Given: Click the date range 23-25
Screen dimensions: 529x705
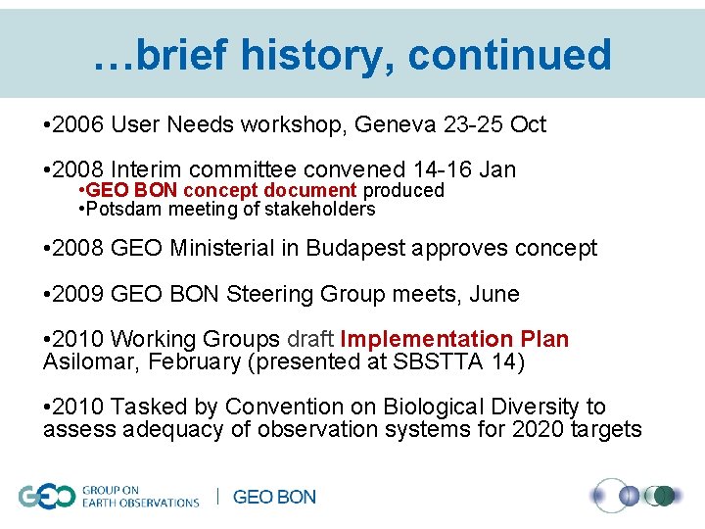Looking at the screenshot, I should pyautogui.click(x=474, y=124).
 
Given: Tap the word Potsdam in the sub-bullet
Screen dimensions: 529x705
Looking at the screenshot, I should pyautogui.click(x=122, y=209).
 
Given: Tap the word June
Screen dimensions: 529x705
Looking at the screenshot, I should pyautogui.click(x=493, y=294).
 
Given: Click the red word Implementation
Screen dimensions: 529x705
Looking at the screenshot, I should pyautogui.click(x=425, y=339).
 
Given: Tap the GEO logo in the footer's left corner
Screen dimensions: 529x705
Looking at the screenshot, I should pyautogui.click(x=46, y=497).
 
